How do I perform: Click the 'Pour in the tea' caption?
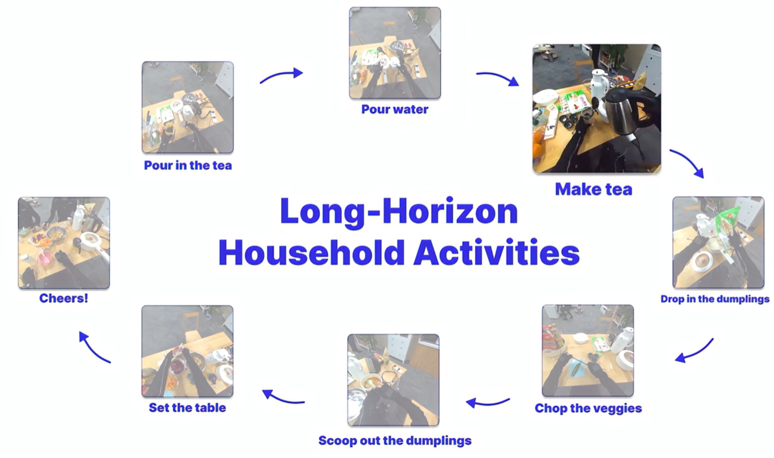click(188, 165)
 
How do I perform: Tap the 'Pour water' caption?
click(394, 109)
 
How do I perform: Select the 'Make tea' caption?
click(593, 189)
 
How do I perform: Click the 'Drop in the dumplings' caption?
click(715, 299)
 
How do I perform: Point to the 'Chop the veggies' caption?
click(588, 408)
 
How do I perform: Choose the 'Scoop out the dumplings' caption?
click(394, 440)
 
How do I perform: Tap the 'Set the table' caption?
click(187, 408)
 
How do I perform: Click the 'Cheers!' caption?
click(64, 298)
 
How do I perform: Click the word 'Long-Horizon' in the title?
click(399, 212)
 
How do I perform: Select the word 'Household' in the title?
click(311, 252)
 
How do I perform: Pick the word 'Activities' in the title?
click(497, 252)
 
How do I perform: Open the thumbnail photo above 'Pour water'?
click(395, 53)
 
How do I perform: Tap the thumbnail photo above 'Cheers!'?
click(64, 243)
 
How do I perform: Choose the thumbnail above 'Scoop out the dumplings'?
click(393, 380)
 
